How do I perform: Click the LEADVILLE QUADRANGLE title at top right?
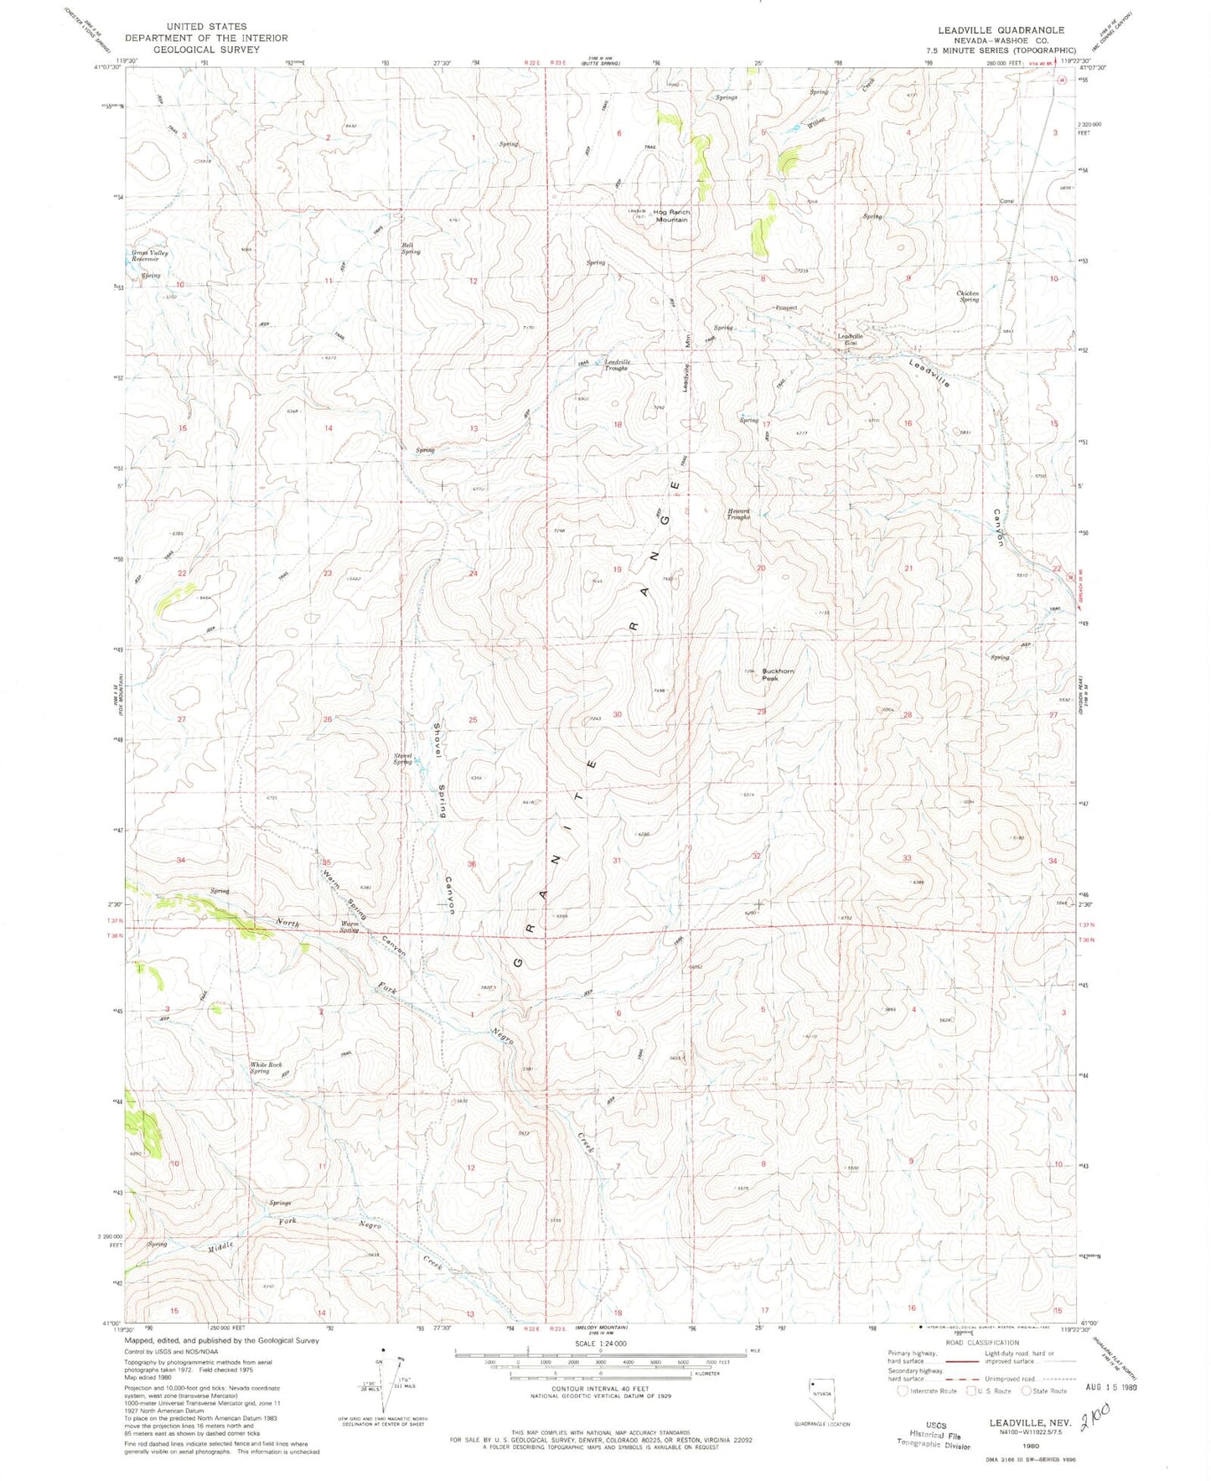click(x=1001, y=29)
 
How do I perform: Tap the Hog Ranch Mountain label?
click(x=671, y=215)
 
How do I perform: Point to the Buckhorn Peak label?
click(x=778, y=674)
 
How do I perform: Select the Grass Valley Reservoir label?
click(x=149, y=256)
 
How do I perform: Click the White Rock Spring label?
click(x=266, y=1068)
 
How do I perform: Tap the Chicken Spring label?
click(x=968, y=296)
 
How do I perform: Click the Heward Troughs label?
click(x=738, y=514)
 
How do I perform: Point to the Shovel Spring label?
click(x=402, y=758)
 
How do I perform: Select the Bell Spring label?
click(x=410, y=248)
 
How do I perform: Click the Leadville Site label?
click(x=851, y=339)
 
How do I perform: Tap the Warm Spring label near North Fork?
click(x=349, y=927)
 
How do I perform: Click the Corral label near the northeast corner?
click(x=1007, y=201)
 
